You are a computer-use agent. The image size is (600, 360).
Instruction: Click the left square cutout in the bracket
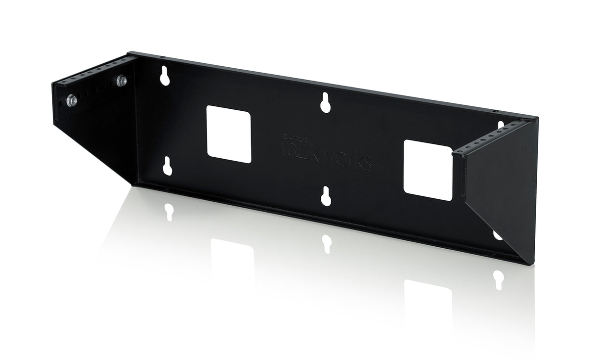click(228, 134)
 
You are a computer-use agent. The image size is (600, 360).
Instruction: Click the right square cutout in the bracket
click(428, 170)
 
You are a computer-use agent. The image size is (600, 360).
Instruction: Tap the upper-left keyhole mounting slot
click(165, 76)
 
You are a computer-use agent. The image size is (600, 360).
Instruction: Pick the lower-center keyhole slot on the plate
click(326, 196)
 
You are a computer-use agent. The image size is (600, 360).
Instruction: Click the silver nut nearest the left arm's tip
click(72, 100)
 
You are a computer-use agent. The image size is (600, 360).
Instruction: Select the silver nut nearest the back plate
click(121, 81)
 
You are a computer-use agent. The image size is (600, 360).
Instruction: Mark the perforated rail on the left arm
click(94, 71)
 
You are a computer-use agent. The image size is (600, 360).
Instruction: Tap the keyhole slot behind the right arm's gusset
click(497, 235)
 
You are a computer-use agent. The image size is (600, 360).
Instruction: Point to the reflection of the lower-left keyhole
click(169, 212)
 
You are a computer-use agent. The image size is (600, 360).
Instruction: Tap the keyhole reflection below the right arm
click(498, 279)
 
